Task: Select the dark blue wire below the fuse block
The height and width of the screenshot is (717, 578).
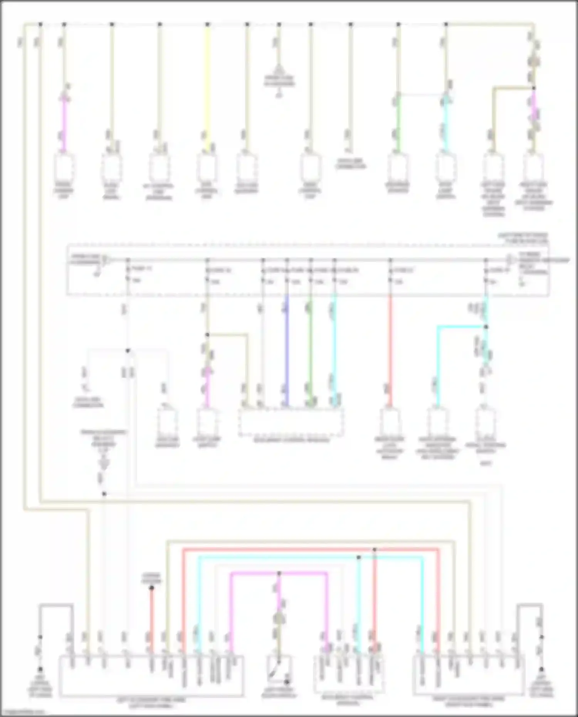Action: pos(287,347)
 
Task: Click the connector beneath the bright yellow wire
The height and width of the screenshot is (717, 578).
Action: pos(207,168)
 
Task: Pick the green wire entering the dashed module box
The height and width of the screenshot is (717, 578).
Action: pos(311,347)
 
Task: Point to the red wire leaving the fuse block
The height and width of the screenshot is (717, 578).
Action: pos(390,347)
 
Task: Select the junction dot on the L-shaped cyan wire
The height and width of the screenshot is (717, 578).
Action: pos(486,327)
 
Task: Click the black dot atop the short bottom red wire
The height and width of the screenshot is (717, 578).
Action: pos(151,588)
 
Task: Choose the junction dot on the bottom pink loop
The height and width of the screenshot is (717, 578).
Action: pos(279,573)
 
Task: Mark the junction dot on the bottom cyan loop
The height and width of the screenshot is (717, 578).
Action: pos(358,557)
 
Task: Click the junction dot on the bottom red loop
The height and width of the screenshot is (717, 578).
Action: pos(375,549)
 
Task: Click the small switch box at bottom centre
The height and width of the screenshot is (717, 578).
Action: pos(279,671)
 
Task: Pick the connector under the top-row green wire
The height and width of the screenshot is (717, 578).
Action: pos(398,168)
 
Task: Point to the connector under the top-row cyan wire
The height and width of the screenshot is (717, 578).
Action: pos(446,168)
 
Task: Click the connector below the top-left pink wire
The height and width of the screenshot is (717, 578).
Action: pos(64,168)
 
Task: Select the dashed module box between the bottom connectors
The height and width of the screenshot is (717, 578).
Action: pos(349,674)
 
